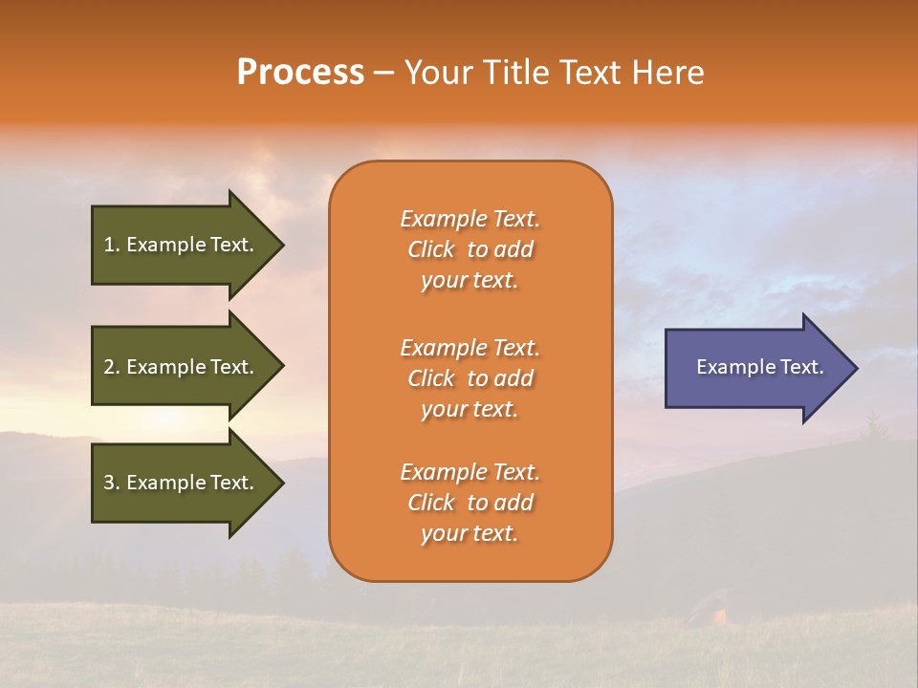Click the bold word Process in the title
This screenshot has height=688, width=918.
[300, 73]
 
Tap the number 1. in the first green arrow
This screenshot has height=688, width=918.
[112, 245]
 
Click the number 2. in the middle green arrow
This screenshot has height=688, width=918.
[112, 367]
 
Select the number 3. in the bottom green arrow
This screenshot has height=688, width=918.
[112, 483]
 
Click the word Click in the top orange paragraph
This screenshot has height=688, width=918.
[431, 250]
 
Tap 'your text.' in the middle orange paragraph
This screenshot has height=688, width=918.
[470, 409]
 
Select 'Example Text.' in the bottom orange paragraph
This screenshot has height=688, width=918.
[470, 472]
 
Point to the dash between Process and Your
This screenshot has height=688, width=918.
[384, 73]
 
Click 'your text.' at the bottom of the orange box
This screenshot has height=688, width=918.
[470, 533]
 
